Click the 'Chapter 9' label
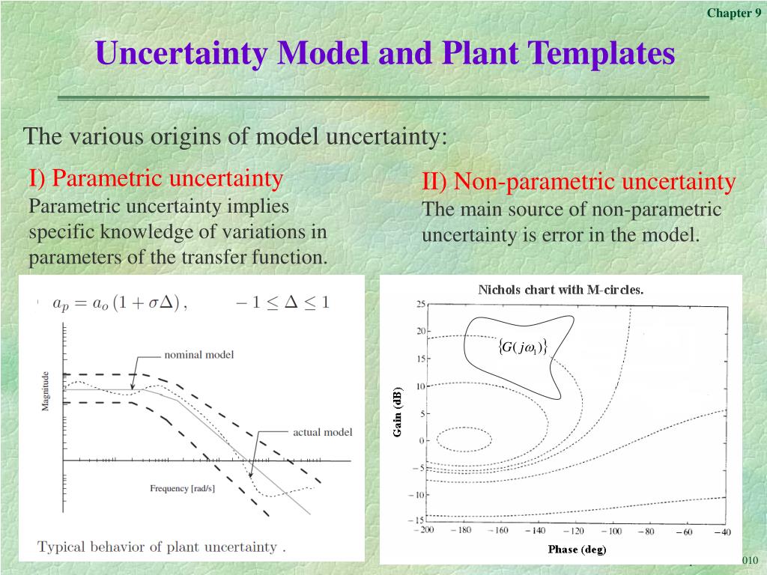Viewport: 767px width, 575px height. [x=734, y=13]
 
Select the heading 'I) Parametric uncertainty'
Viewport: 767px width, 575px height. [x=156, y=178]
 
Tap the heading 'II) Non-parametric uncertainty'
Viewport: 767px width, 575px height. [x=579, y=181]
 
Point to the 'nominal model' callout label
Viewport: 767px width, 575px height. [x=199, y=354]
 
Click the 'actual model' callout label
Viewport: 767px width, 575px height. [x=322, y=432]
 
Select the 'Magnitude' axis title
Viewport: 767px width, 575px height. [x=45, y=391]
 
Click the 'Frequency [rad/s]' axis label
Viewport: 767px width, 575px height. [x=183, y=488]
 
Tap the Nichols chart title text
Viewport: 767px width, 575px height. [x=560, y=290]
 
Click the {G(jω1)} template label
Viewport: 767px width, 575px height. [x=522, y=347]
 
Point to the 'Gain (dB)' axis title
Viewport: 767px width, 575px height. [x=397, y=412]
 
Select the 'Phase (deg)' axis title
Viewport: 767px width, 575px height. [x=577, y=550]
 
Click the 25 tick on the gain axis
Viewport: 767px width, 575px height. [x=421, y=304]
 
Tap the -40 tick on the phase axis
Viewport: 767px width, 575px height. [x=723, y=532]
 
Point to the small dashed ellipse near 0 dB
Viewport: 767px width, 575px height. [x=464, y=428]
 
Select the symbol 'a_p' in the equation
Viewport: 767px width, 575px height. [x=61, y=304]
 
